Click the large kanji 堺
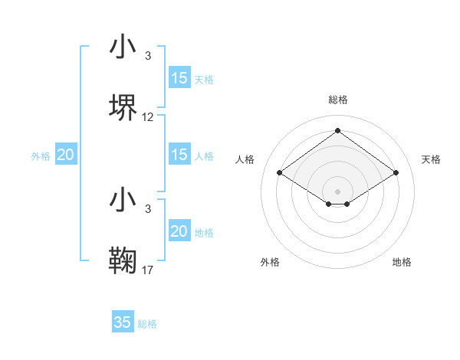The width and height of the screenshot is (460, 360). [x=123, y=107]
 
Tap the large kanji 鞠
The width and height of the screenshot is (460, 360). [x=123, y=260]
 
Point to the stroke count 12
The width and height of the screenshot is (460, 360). [x=148, y=117]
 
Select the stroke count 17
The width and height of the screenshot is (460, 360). [x=148, y=270]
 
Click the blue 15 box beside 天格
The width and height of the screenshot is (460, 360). [x=179, y=78]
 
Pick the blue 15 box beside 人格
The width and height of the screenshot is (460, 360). [x=179, y=155]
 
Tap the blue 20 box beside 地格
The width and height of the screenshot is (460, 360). [x=179, y=231]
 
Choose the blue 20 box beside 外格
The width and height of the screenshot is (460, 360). [x=65, y=155]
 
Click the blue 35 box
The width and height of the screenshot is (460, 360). [x=122, y=322]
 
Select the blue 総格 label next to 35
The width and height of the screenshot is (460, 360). [x=147, y=324]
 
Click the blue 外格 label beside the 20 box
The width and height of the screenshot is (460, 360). [x=41, y=156]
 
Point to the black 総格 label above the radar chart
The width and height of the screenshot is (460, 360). [x=337, y=100]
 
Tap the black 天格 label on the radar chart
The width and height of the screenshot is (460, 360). [x=432, y=159]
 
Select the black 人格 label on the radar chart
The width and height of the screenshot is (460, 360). [x=245, y=159]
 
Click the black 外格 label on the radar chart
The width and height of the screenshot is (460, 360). [x=270, y=262]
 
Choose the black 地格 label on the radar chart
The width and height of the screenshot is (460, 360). [x=402, y=262]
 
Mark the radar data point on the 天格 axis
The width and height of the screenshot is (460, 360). [x=396, y=172]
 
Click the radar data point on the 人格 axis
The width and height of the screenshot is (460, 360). [x=280, y=172]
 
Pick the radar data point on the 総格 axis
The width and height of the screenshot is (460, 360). [x=337, y=130]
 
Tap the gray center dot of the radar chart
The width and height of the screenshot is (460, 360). [x=337, y=191]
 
